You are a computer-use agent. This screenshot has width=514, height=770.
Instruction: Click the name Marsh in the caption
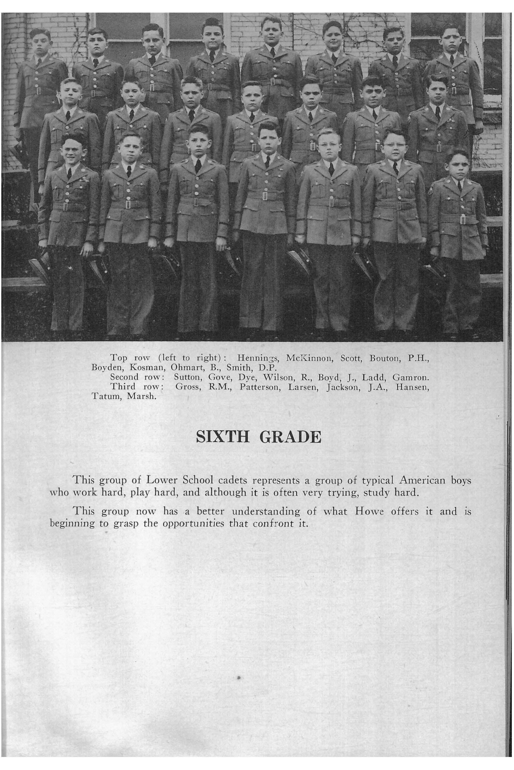(142, 397)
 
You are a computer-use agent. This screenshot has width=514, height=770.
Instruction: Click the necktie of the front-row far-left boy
(69, 173)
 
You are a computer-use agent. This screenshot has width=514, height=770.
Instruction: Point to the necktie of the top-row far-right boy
(452, 59)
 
